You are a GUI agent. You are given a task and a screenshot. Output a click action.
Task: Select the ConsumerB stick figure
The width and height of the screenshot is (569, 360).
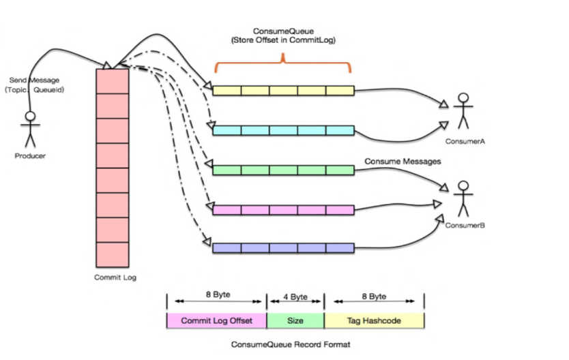[463, 198]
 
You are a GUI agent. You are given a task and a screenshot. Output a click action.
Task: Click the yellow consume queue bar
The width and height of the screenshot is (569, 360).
[283, 91]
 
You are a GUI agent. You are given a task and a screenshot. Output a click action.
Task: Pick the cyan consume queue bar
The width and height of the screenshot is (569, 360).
[283, 130]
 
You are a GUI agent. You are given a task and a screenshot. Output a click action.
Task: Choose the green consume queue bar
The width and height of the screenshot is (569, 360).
[283, 170]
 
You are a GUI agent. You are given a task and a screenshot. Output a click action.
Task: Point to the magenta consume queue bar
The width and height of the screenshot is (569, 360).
[283, 209]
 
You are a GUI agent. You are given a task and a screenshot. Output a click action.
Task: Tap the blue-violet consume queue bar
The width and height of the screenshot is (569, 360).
[283, 248]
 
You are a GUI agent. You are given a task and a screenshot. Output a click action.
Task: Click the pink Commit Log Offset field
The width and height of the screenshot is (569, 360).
[216, 320]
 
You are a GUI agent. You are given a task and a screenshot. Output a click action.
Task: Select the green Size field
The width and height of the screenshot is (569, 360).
[295, 320]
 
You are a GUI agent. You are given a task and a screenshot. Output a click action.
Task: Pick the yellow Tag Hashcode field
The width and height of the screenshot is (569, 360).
[374, 320]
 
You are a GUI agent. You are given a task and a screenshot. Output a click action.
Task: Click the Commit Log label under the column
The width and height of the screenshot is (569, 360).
[112, 277]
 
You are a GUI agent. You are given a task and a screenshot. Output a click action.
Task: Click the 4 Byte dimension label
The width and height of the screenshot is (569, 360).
[295, 297]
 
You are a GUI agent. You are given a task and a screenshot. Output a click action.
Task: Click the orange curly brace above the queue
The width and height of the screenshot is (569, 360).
[283, 66]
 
